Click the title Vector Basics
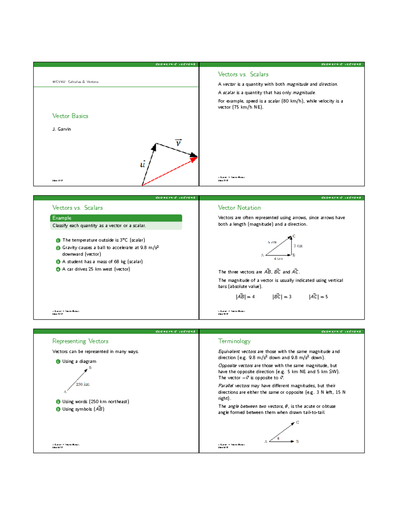[x=70, y=116]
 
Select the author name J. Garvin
[x=61, y=129]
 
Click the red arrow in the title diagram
[x=169, y=171]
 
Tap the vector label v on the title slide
[x=178, y=143]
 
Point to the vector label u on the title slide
[x=143, y=164]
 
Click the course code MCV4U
[x=59, y=82]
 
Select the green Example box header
[x=116, y=218]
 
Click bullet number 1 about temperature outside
[x=58, y=240]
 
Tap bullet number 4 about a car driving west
[x=58, y=269]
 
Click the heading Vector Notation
[x=239, y=208]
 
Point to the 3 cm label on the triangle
[x=298, y=246]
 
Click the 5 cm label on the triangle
[x=272, y=242]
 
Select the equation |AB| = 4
[x=245, y=297]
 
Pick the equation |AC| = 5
[x=318, y=297]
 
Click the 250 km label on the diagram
[x=83, y=384]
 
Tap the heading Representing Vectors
[x=80, y=341]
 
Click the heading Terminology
[x=234, y=341]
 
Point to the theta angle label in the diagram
[x=278, y=438]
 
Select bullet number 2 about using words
[x=58, y=402]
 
